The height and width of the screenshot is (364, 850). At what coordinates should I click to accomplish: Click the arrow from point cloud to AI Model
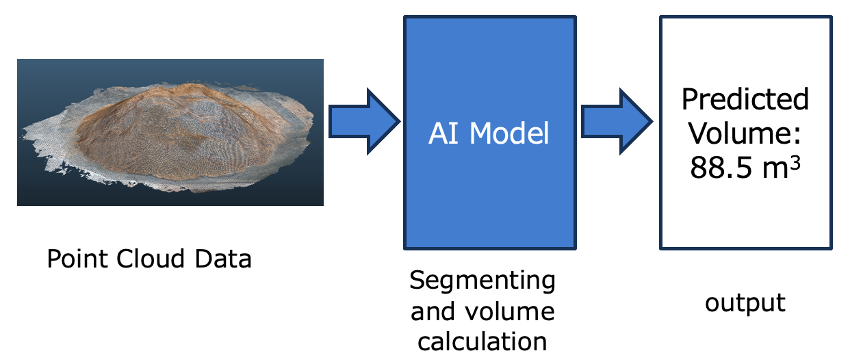[x=363, y=121]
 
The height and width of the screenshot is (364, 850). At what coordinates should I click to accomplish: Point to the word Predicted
[x=745, y=100]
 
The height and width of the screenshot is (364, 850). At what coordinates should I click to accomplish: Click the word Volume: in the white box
[x=745, y=133]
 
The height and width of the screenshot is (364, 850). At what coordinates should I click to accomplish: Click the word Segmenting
[x=482, y=281]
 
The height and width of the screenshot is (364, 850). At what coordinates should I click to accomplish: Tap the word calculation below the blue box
[x=482, y=341]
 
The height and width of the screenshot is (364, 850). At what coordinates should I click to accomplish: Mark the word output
[x=745, y=303]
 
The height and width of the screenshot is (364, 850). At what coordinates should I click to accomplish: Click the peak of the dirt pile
[x=195, y=88]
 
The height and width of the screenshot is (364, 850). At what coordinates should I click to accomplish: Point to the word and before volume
[x=433, y=311]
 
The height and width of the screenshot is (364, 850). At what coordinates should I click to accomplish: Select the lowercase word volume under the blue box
[x=510, y=311]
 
